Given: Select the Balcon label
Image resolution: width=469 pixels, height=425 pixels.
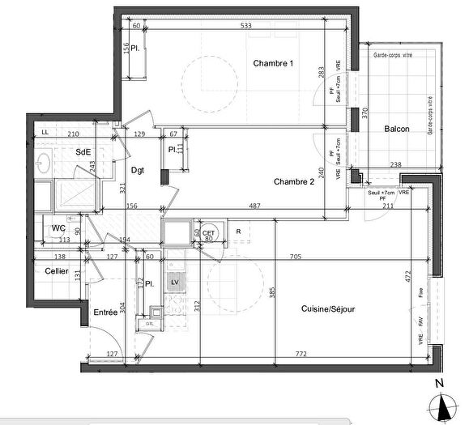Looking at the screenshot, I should [396, 130].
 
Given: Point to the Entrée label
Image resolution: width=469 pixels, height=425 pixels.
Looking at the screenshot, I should [105, 312].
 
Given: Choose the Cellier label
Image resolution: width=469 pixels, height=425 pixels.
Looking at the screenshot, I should [56, 270].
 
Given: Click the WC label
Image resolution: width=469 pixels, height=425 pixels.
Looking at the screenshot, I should [58, 228].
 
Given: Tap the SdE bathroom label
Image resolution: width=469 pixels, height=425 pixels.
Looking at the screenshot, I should [83, 151].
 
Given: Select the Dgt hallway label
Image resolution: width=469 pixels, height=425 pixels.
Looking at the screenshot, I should [137, 170].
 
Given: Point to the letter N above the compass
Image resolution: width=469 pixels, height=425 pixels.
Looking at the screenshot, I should [438, 383].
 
